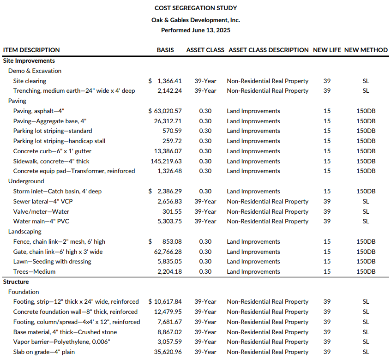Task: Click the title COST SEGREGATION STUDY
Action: point(195,8)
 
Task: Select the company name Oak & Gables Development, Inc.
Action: point(195,20)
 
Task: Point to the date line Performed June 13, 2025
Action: point(195,30)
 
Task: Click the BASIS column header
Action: point(165,50)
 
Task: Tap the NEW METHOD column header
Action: point(366,50)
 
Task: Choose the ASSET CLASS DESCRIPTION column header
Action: point(268,50)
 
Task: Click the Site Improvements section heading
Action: point(29,60)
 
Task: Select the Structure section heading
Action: point(16,282)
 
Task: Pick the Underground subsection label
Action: point(26,181)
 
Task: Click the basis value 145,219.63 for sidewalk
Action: point(168,161)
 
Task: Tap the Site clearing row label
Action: point(30,81)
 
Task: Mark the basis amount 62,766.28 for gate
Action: point(168,252)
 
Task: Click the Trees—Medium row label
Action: point(34,271)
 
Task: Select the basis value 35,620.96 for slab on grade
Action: point(168,352)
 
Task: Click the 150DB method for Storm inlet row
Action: point(366,191)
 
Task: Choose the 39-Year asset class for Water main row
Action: point(205,221)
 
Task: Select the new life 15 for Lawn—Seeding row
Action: point(327,261)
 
